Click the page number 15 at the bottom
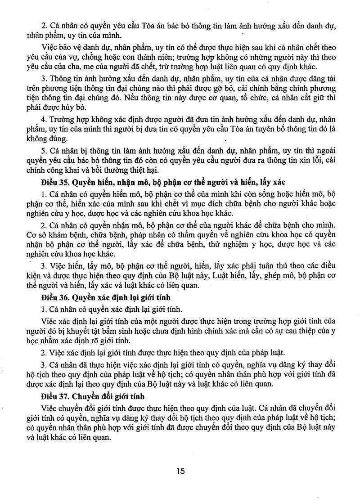point(180,471)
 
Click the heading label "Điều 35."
point(55,183)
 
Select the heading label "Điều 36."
point(55,298)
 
